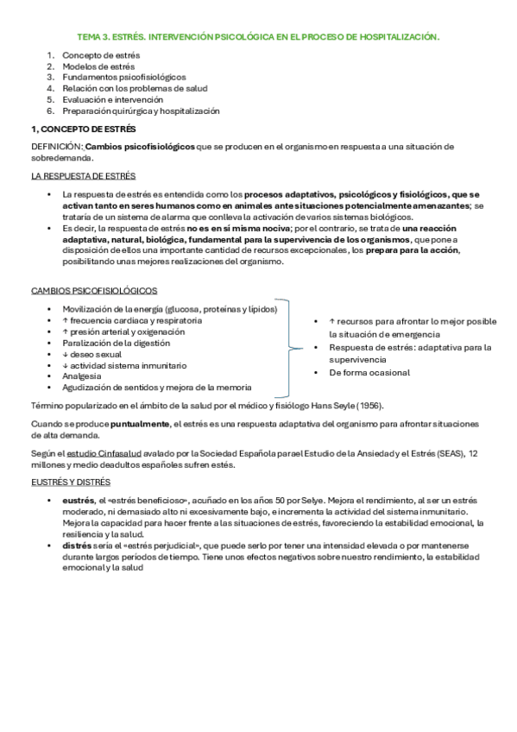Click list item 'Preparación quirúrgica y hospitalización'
coord(141,111)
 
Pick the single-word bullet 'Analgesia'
coord(82,376)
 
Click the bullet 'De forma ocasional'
coord(369,373)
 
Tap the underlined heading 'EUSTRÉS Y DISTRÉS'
coord(71,483)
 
